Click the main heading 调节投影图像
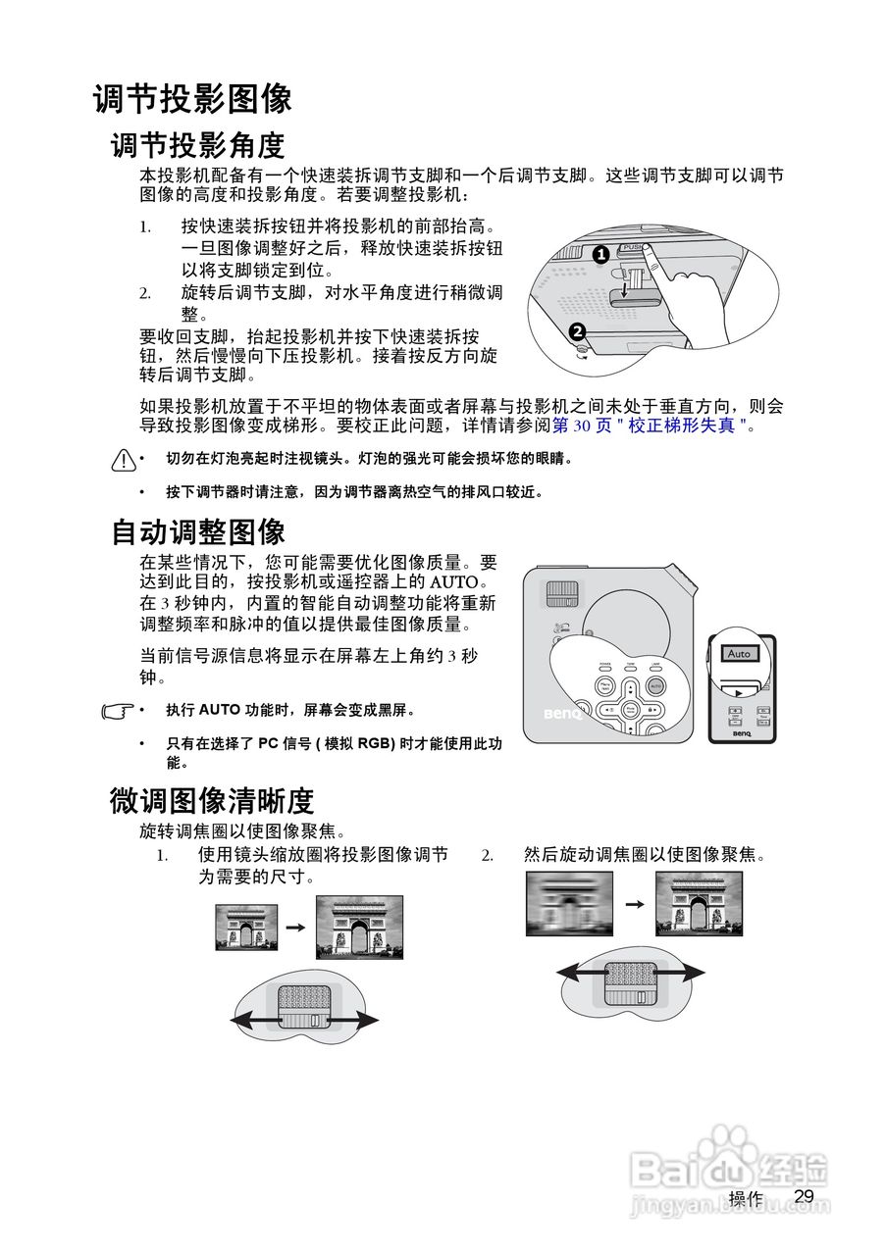192,99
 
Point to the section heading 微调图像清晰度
211,801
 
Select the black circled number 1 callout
601,254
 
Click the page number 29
805,1196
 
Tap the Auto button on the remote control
739,653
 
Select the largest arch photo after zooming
359,927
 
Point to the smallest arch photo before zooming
246,927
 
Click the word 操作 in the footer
746,1198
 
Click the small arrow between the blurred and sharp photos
634,903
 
